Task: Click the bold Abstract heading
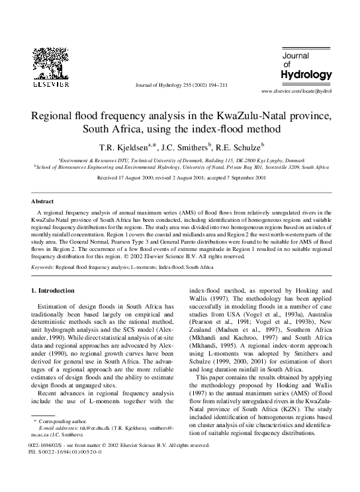(44, 201)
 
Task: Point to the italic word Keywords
(43, 266)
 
